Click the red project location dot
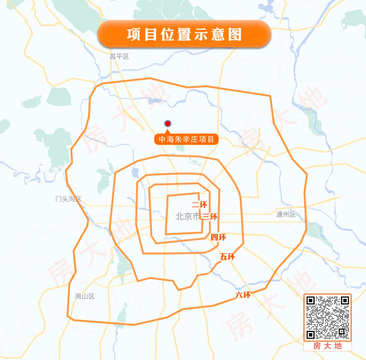(x=167, y=124)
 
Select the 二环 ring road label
(x=199, y=205)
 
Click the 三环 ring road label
(x=209, y=217)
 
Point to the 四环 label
(x=218, y=237)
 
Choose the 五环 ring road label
(x=227, y=257)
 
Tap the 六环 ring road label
(x=243, y=295)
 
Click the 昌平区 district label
(x=119, y=57)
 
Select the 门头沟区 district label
(x=68, y=199)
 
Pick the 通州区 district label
(x=286, y=214)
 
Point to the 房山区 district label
(x=85, y=296)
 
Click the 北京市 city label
(x=188, y=216)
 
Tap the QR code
(x=327, y=317)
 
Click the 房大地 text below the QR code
(x=327, y=346)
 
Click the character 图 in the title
(x=234, y=35)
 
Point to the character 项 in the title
(x=135, y=35)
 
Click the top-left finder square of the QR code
(x=311, y=300)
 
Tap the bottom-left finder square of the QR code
(x=311, y=334)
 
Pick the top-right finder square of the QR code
(x=345, y=300)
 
